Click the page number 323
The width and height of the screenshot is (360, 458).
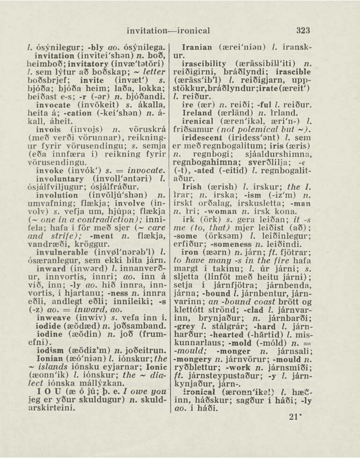click(x=303, y=31)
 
